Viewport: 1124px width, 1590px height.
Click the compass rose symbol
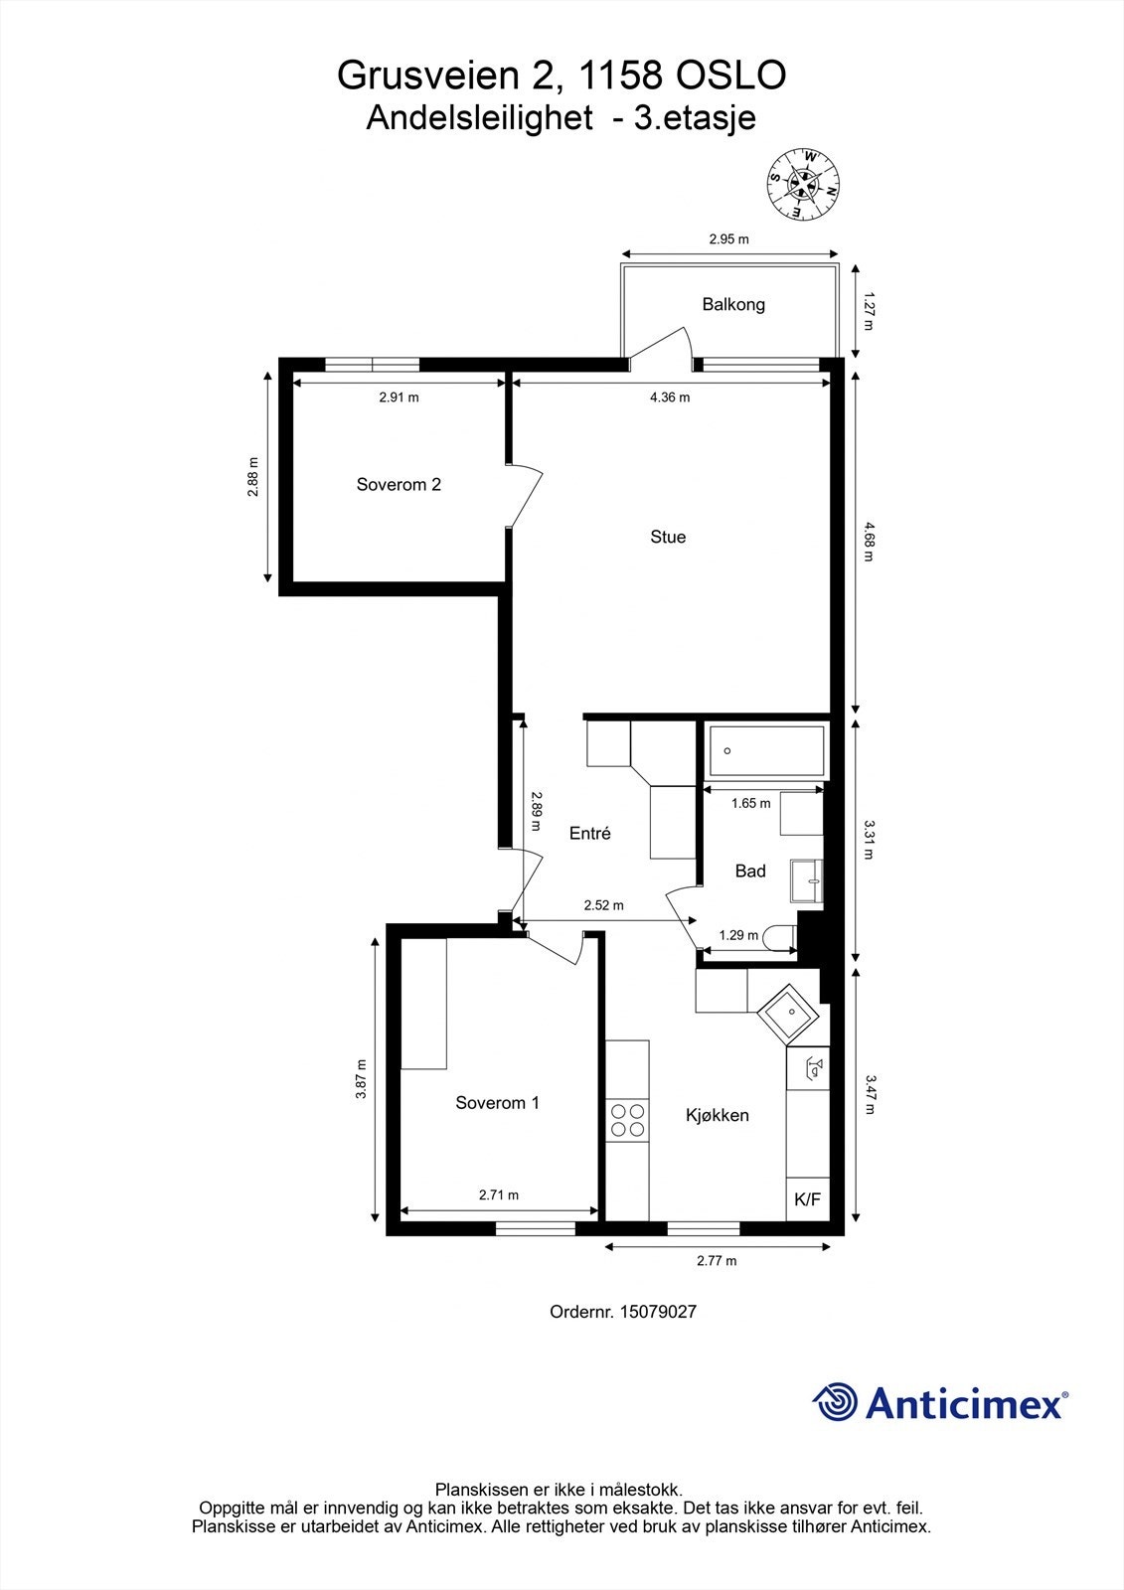pyautogui.click(x=803, y=183)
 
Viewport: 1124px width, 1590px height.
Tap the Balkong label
pyautogui.click(x=733, y=304)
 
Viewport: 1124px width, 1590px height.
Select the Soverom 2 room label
pyautogui.click(x=399, y=485)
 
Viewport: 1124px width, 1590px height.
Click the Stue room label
pyautogui.click(x=668, y=537)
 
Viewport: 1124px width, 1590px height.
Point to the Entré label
pyautogui.click(x=589, y=834)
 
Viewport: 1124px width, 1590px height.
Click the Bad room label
pyautogui.click(x=750, y=871)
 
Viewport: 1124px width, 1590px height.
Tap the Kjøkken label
pyautogui.click(x=718, y=1115)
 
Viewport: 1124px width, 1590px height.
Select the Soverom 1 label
pyautogui.click(x=497, y=1103)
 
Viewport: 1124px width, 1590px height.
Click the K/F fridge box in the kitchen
pyautogui.click(x=808, y=1199)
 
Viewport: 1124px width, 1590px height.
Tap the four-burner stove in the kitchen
pyautogui.click(x=627, y=1121)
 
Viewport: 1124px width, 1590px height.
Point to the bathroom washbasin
pyautogui.click(x=807, y=880)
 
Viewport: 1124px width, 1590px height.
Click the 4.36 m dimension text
pyautogui.click(x=670, y=397)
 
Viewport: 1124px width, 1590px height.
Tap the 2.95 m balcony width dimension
pyautogui.click(x=728, y=239)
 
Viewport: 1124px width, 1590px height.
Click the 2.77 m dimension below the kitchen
pyautogui.click(x=717, y=1261)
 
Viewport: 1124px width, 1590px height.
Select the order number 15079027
pyautogui.click(x=658, y=1312)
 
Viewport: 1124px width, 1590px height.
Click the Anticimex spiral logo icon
pyautogui.click(x=836, y=1402)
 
